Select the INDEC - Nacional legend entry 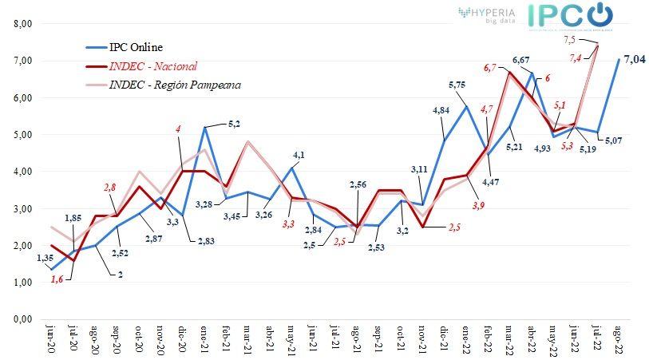tap(152, 65)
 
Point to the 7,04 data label tap(635, 59)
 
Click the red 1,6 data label tap(57, 279)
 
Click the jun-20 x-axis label tap(51, 342)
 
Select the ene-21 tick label tap(204, 342)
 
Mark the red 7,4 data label tap(576, 56)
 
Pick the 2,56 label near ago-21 tap(358, 185)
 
